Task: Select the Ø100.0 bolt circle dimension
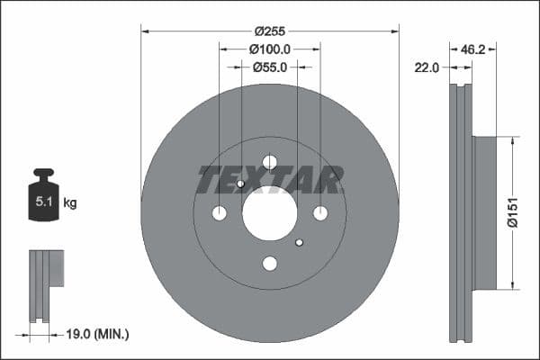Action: pos(270,48)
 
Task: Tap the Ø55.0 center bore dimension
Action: pos(270,67)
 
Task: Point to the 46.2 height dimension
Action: pos(473,49)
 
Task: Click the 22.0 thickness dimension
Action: pos(426,67)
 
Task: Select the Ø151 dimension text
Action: pos(511,213)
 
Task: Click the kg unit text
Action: pos(70,203)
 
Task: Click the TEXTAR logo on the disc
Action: pos(270,180)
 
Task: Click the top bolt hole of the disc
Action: pos(270,162)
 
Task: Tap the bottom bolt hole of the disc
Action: pos(270,264)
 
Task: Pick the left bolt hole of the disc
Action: pos(220,213)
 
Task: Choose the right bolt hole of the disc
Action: pos(320,213)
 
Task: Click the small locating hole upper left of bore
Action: pos(241,184)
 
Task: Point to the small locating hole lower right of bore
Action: pos(300,242)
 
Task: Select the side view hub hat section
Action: pos(484,213)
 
